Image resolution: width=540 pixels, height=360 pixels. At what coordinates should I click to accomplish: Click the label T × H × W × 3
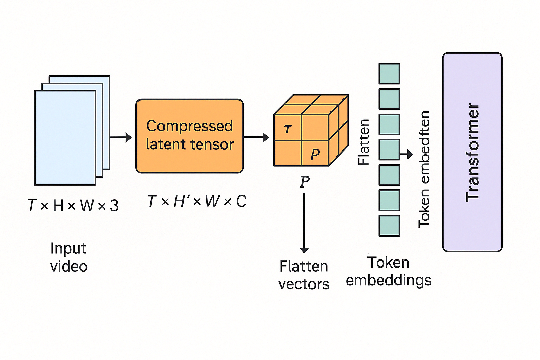tap(73, 205)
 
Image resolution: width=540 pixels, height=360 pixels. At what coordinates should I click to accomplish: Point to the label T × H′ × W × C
tap(197, 201)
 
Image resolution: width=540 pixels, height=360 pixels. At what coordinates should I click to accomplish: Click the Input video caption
tap(69, 257)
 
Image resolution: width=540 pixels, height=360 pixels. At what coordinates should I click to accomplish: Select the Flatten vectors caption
tap(304, 275)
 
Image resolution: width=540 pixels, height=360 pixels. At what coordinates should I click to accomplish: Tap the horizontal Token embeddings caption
tap(388, 271)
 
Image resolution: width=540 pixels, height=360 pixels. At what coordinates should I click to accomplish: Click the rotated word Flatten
tap(364, 142)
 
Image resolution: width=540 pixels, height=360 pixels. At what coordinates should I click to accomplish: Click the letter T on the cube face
tap(288, 129)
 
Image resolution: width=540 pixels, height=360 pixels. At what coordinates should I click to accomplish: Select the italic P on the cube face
tap(315, 154)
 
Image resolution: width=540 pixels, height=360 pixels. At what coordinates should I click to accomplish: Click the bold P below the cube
tap(304, 182)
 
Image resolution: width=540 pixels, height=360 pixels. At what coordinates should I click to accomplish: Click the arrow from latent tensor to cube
tap(256, 137)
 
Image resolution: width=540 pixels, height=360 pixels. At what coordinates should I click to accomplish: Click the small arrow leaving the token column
tap(407, 154)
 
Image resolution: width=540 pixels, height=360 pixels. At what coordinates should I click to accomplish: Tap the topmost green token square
tap(389, 74)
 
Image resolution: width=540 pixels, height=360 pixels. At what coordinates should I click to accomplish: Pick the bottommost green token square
tap(389, 225)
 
